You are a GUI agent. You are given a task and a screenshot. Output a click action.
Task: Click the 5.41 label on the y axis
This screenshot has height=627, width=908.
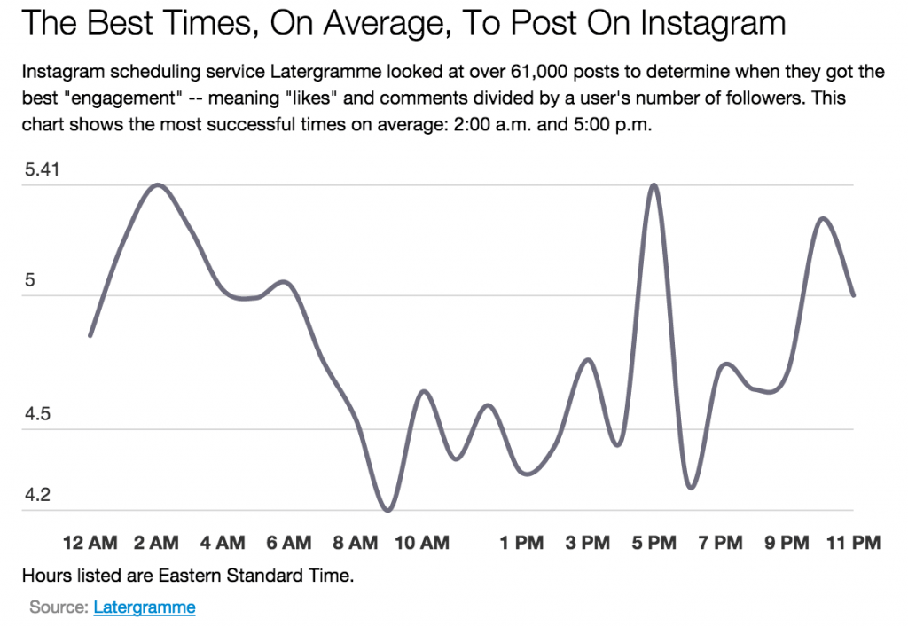41,169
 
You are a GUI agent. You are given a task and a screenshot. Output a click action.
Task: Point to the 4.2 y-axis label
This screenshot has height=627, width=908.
37,495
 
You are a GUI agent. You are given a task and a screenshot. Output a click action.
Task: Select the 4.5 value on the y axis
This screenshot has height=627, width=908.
37,415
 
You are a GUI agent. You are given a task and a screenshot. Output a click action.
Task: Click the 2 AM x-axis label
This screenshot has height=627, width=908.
157,543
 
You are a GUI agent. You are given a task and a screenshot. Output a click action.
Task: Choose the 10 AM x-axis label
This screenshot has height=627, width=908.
422,543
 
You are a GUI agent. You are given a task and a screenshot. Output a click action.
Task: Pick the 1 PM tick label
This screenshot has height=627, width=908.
521,543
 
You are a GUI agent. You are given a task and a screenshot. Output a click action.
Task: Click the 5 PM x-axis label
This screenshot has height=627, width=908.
654,543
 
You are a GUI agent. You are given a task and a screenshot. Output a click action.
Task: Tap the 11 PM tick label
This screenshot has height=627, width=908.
853,543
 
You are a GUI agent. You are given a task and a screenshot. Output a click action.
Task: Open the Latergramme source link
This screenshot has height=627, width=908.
144,607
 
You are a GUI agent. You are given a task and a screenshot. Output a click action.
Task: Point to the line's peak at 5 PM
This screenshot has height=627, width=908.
654,185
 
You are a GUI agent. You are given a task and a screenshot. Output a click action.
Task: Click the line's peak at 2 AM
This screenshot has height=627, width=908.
158,185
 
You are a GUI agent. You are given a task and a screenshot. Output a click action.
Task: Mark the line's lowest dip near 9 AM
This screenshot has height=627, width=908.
387,510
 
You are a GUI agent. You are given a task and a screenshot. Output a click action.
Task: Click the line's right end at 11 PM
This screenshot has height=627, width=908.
853,295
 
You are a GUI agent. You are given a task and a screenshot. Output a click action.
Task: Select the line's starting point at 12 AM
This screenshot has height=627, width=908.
90,335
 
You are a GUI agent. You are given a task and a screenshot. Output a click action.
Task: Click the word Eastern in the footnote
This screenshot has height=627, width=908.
192,576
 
